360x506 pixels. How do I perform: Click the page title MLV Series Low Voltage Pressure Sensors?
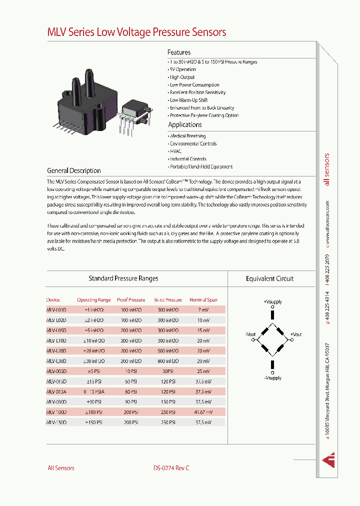coord(136,32)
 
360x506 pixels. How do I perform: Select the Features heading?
coord(179,52)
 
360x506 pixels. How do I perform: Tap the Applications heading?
coord(185,125)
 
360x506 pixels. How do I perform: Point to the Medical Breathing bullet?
coord(187,136)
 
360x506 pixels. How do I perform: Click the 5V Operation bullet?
coord(183,69)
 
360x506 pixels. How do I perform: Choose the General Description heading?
coord(74,170)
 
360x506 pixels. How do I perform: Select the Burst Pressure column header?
coord(168,300)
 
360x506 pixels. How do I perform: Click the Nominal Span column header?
coord(203,300)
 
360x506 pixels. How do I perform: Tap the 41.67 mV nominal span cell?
coord(203,412)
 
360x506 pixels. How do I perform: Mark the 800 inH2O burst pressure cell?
coord(168,361)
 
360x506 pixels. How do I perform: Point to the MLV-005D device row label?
coord(56,371)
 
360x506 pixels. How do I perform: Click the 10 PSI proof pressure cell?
coord(131,371)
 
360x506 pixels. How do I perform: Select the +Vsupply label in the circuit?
coord(272,302)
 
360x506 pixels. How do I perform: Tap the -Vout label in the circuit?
coord(250,334)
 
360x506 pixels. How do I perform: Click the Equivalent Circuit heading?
coord(270,279)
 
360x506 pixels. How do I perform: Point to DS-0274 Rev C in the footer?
coord(171,468)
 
